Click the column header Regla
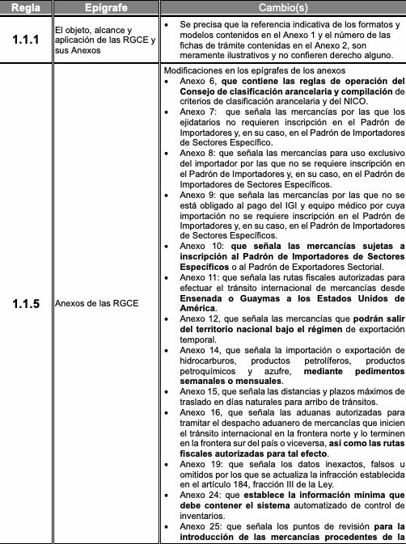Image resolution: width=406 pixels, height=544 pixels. pyautogui.click(x=26, y=7)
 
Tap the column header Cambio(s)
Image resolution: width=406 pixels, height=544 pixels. pyautogui.click(x=281, y=7)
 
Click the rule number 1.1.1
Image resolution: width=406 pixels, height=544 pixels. pyautogui.click(x=26, y=37)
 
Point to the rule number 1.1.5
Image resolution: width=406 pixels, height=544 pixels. pyautogui.click(x=26, y=304)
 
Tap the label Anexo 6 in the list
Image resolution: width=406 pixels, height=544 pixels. pyautogui.click(x=197, y=82)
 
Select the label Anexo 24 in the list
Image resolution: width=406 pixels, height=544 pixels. pyautogui.click(x=199, y=495)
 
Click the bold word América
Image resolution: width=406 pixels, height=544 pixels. pyautogui.click(x=198, y=309)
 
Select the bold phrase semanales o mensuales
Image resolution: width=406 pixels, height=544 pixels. pyautogui.click(x=231, y=380)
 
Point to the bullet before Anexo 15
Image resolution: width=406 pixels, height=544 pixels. pyautogui.click(x=166, y=391)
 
